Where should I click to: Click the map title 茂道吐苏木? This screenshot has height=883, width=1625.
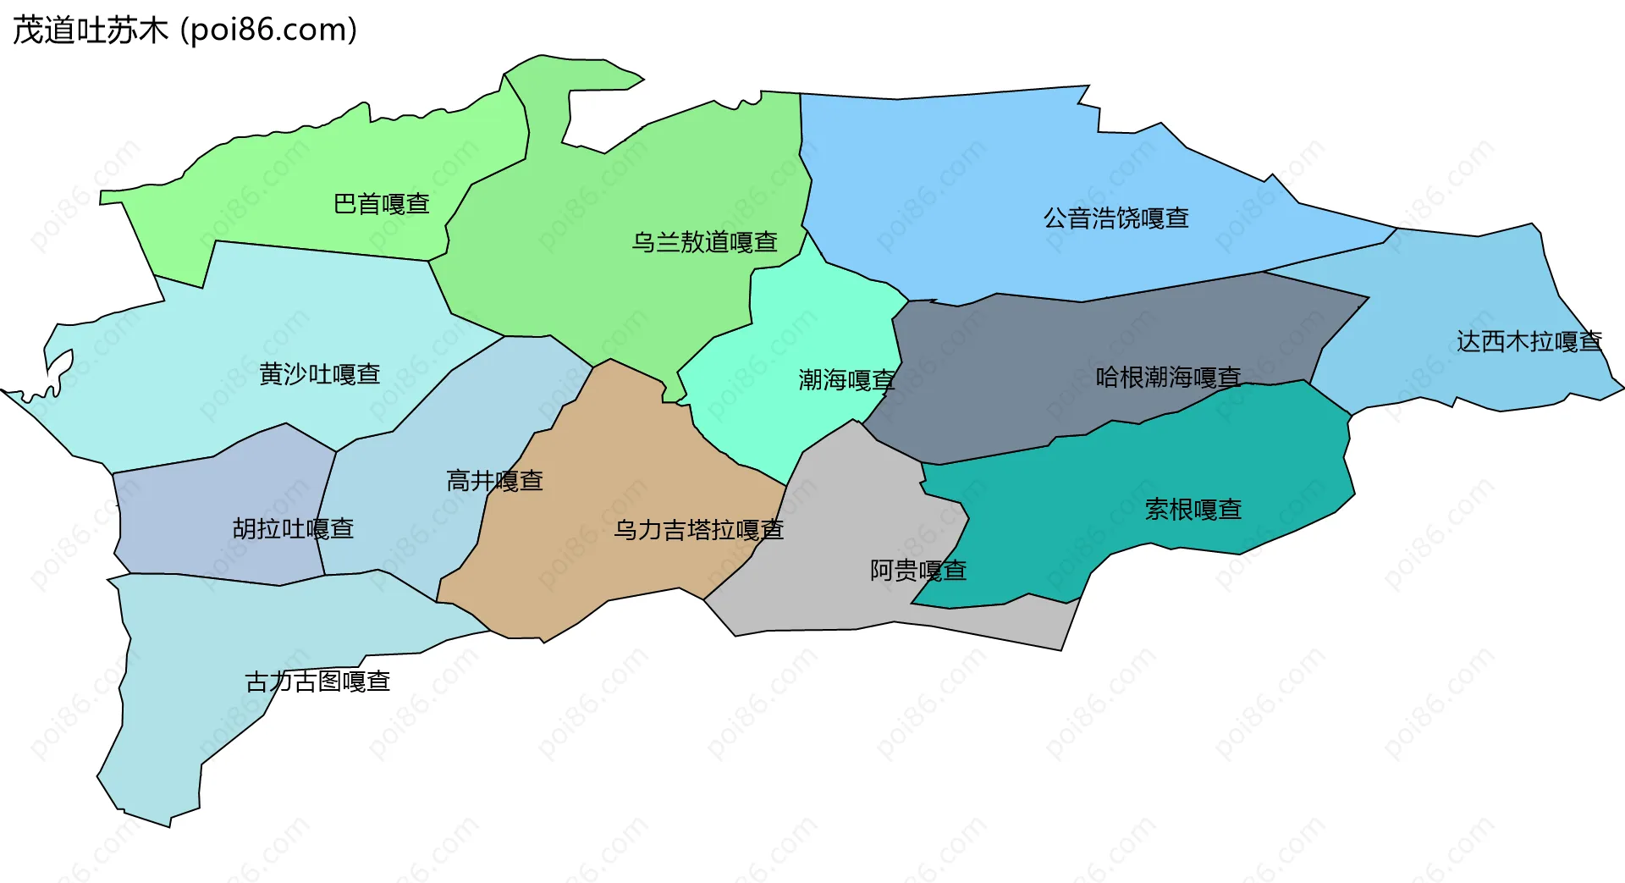pyautogui.click(x=91, y=30)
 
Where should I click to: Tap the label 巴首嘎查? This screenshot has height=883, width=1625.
pyautogui.click(x=382, y=204)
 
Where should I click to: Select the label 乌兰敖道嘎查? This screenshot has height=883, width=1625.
pyautogui.click(x=704, y=242)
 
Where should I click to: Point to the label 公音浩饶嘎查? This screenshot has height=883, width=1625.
pyautogui.click(x=1115, y=218)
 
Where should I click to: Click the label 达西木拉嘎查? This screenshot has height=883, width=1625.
pyautogui.click(x=1529, y=341)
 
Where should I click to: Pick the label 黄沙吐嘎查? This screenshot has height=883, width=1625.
pyautogui.click(x=319, y=374)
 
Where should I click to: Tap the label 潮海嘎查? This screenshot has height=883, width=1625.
pyautogui.click(x=846, y=380)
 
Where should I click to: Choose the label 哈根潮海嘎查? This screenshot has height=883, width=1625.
pyautogui.click(x=1168, y=377)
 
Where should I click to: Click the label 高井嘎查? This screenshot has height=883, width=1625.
pyautogui.click(x=494, y=481)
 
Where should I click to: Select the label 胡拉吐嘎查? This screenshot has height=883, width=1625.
pyautogui.click(x=293, y=529)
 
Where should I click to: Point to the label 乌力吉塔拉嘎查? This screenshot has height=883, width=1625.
pyautogui.click(x=699, y=530)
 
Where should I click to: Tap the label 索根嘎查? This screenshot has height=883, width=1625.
pyautogui.click(x=1193, y=510)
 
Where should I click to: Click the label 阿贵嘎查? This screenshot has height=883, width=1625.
pyautogui.click(x=918, y=571)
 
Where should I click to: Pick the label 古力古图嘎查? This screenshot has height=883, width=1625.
pyautogui.click(x=317, y=682)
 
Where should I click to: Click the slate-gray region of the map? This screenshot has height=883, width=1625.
pyautogui.click(x=1058, y=356)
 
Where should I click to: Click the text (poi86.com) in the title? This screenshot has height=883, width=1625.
pyautogui.click(x=269, y=30)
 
